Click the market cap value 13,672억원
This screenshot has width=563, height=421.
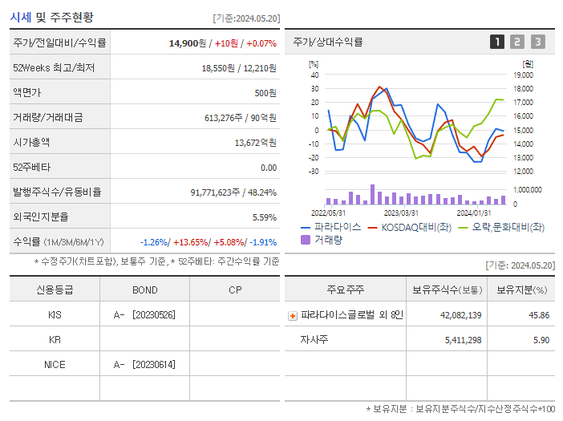[x=255, y=143]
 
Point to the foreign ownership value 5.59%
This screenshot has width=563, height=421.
[x=264, y=217]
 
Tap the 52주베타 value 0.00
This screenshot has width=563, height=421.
[x=268, y=168]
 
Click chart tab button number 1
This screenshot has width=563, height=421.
[x=497, y=43]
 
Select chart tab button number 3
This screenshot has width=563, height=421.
[x=537, y=43]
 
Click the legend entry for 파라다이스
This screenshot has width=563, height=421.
[x=331, y=227]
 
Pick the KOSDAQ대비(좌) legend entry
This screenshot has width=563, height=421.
[x=408, y=227]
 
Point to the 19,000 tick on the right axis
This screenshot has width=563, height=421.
[x=523, y=75]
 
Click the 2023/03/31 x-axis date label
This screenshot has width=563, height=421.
[x=401, y=213]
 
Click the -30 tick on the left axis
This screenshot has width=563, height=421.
[x=314, y=171]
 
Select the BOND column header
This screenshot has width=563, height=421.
[x=144, y=290]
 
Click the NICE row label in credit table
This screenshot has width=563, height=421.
[x=55, y=365]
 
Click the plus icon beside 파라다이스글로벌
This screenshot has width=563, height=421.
[x=293, y=316]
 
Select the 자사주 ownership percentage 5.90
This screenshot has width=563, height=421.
[x=541, y=340]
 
